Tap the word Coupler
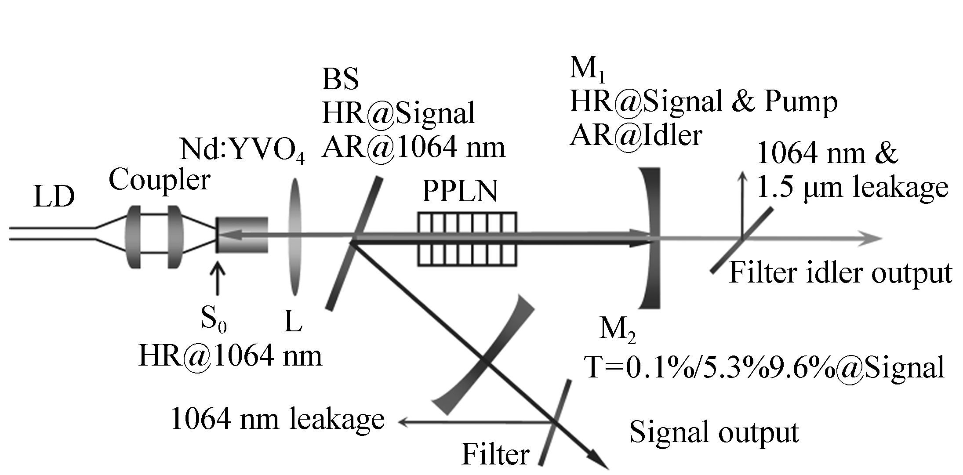tap(159, 181)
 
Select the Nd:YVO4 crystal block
tap(242, 235)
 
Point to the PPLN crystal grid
tap(467, 239)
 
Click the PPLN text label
tap(460, 192)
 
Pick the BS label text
tap(340, 80)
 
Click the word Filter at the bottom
tap(495, 454)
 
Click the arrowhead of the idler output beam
tap(875, 239)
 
